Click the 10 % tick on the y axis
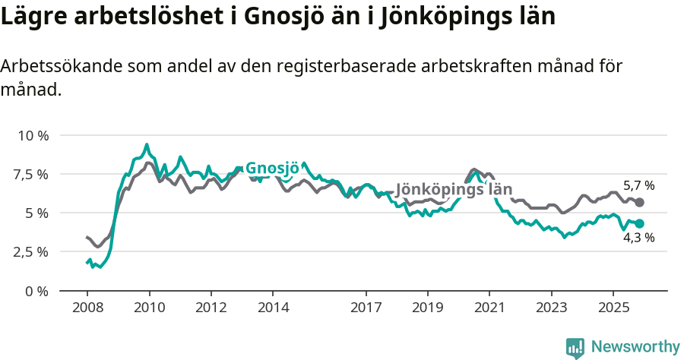point(33,135)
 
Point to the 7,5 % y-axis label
point(31,174)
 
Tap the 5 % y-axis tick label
point(37,213)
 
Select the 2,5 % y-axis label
point(31,251)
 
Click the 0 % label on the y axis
point(37,290)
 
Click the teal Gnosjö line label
point(273,169)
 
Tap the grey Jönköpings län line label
point(454,189)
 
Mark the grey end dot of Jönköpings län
point(640,202)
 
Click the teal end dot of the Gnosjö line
point(640,223)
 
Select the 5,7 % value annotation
point(638,185)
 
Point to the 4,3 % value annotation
point(638,238)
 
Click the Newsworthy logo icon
point(575,348)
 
